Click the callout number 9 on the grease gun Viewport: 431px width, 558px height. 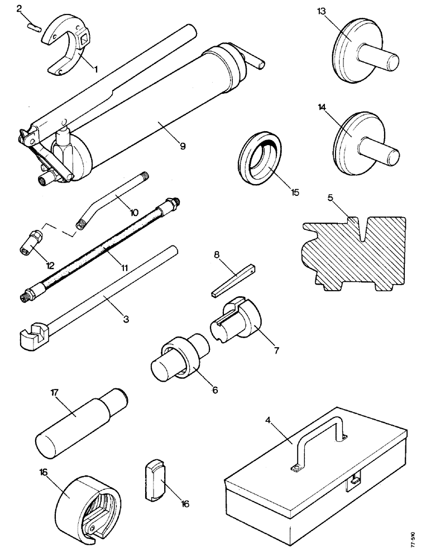point(182,146)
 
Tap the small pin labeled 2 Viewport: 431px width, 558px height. point(33,27)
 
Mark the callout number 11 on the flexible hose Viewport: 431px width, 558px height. point(124,268)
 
